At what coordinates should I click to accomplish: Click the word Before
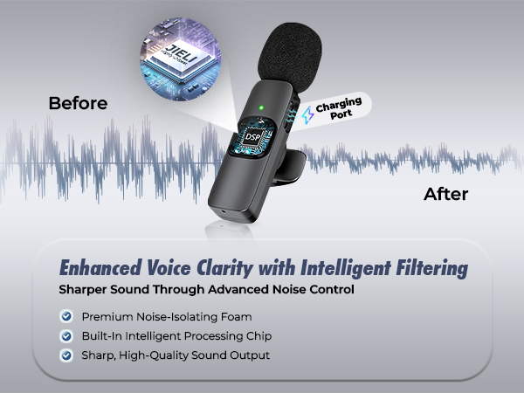[x=78, y=103]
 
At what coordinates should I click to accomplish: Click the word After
[x=445, y=193]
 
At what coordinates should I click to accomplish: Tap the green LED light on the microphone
[x=261, y=109]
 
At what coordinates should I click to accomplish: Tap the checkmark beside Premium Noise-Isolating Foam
[x=65, y=316]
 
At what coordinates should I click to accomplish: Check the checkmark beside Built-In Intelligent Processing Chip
[x=65, y=335]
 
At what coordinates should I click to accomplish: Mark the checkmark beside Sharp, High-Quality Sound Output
[x=65, y=355]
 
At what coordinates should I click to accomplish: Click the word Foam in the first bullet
[x=234, y=316]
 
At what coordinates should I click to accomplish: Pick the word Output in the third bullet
[x=247, y=355]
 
